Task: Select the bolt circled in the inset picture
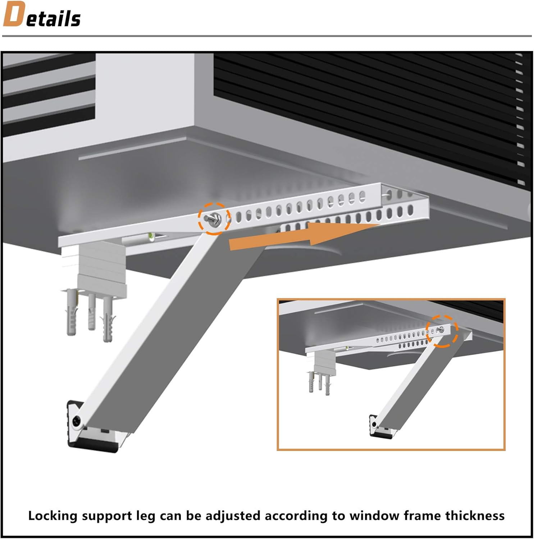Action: click(x=441, y=330)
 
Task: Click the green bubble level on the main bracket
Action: click(x=151, y=236)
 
